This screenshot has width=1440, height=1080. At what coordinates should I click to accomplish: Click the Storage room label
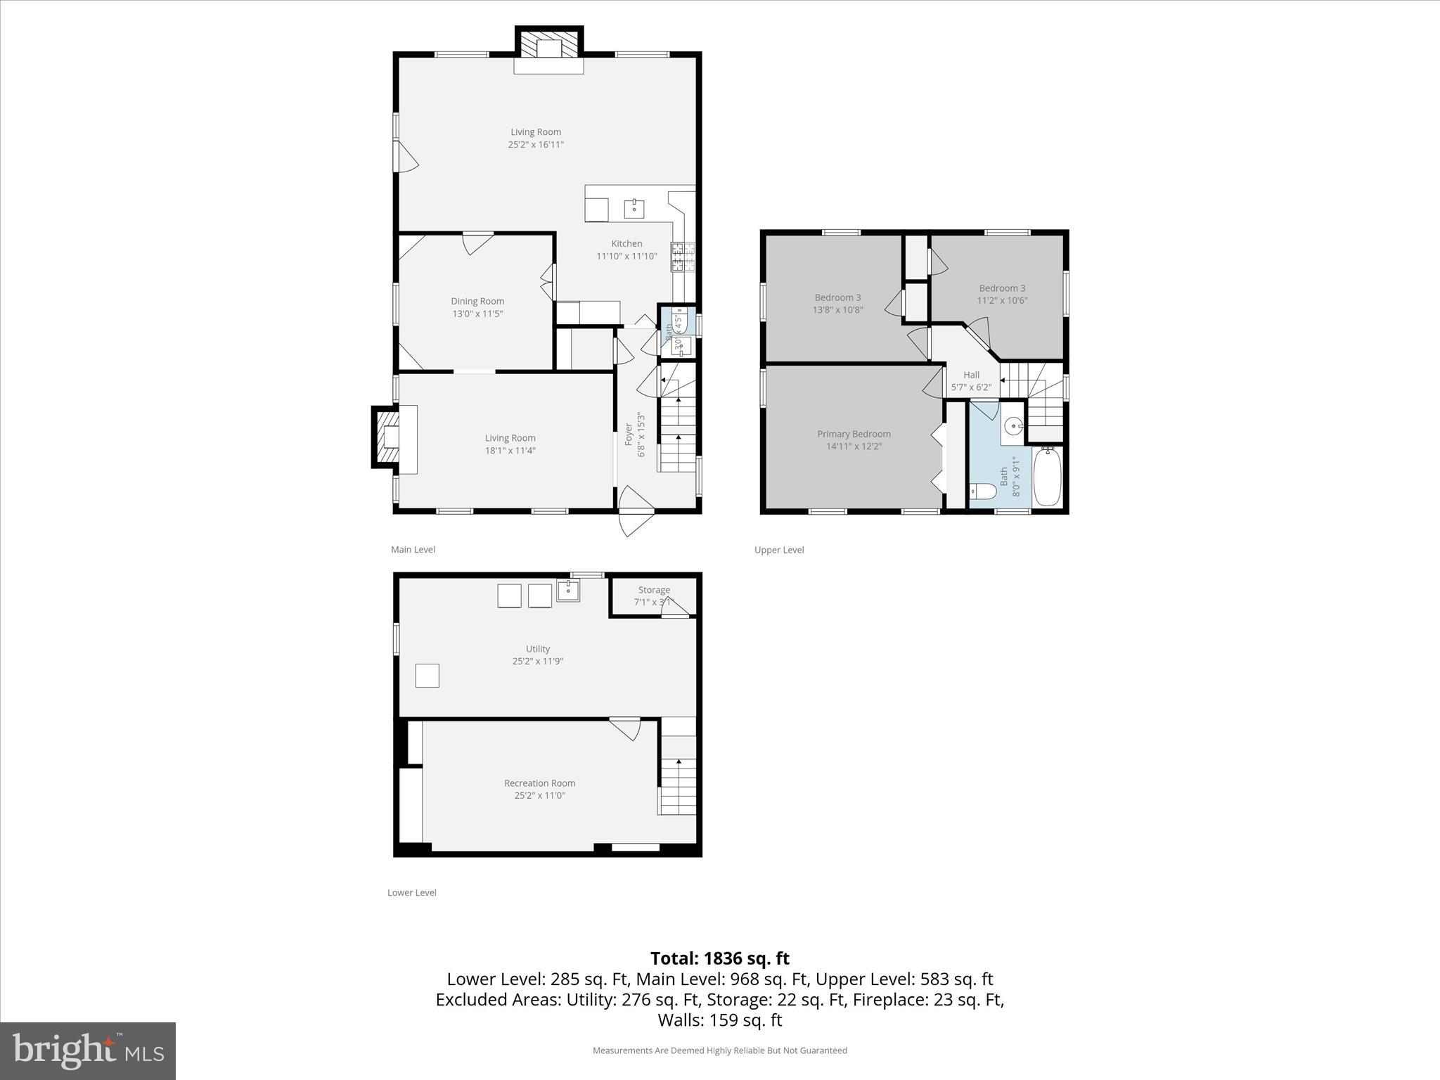pyautogui.click(x=654, y=590)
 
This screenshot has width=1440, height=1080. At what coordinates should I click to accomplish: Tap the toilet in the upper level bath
pyautogui.click(x=982, y=491)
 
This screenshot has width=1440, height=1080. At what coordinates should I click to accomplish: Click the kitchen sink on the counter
pyautogui.click(x=634, y=209)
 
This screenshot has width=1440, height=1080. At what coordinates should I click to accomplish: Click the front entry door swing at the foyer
pyautogui.click(x=636, y=512)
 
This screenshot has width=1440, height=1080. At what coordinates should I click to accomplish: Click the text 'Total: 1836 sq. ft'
pyautogui.click(x=719, y=958)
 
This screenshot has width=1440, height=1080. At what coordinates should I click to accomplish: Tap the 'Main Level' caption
pyautogui.click(x=413, y=550)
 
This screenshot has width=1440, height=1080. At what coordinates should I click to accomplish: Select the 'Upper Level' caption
pyautogui.click(x=779, y=550)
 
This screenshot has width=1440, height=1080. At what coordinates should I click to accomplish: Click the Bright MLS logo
pyautogui.click(x=88, y=1050)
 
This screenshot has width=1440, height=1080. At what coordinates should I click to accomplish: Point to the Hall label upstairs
pyautogui.click(x=971, y=375)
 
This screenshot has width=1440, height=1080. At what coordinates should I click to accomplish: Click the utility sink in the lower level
pyautogui.click(x=568, y=591)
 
